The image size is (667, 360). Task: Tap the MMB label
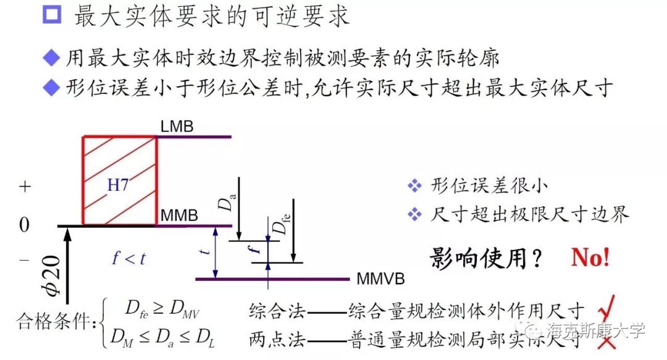(179, 217)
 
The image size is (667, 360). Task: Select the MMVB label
(380, 279)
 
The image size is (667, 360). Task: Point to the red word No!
(590, 257)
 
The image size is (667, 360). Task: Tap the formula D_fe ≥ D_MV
(164, 308)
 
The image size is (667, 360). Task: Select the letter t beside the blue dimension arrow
(208, 249)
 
